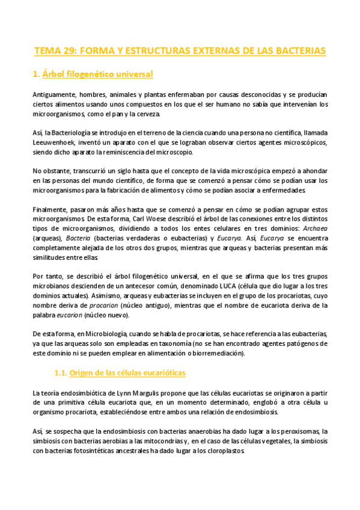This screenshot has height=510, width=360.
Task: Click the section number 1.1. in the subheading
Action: tap(59, 373)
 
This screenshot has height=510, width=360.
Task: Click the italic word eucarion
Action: tap(69, 314)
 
